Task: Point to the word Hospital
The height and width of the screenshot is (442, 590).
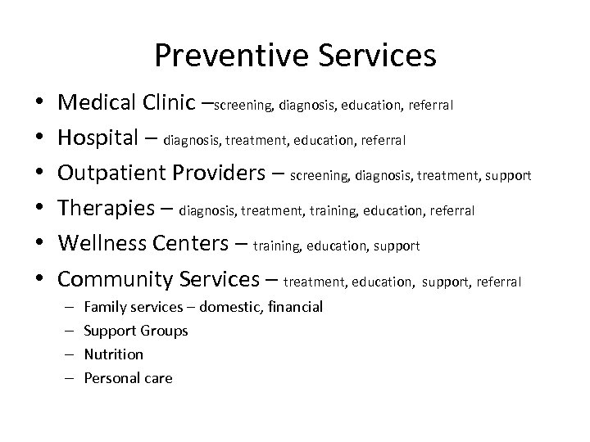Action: click(x=98, y=139)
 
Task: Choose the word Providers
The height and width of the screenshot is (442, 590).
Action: click(x=224, y=174)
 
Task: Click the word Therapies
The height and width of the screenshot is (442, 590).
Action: click(x=106, y=210)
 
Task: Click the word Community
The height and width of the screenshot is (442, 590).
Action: click(x=116, y=279)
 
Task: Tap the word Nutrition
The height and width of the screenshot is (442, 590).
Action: click(x=114, y=354)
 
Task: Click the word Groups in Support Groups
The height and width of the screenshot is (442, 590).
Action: click(x=164, y=331)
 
